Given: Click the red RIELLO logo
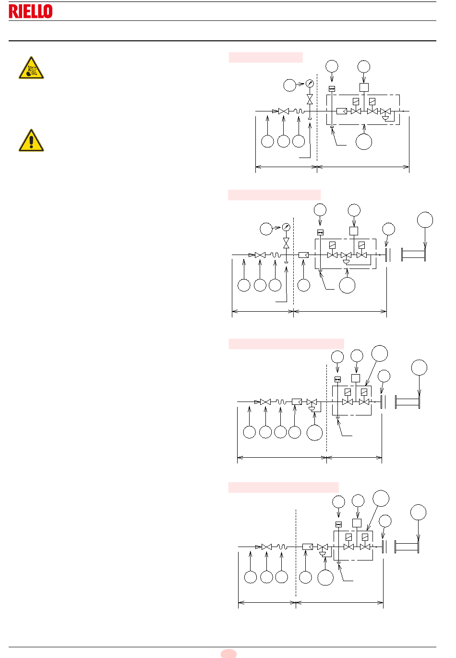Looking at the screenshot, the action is pyautogui.click(x=31, y=11).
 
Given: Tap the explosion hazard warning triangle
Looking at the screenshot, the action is pyautogui.click(x=31, y=68).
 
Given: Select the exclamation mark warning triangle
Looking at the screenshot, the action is pyautogui.click(x=31, y=140).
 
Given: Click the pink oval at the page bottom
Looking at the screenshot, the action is pyautogui.click(x=228, y=654).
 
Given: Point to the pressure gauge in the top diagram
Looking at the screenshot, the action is pyautogui.click(x=310, y=84).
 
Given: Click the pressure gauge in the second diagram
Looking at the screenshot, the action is pyautogui.click(x=286, y=227).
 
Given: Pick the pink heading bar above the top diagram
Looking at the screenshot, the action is pyautogui.click(x=265, y=57).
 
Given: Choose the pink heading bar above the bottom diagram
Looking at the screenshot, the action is pyautogui.click(x=283, y=487).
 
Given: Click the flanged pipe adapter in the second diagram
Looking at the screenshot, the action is pyautogui.click(x=413, y=255).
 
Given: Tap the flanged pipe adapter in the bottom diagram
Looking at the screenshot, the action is pyautogui.click(x=407, y=547).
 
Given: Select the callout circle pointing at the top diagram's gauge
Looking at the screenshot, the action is pyautogui.click(x=289, y=85).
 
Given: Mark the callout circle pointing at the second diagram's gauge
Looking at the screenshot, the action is pyautogui.click(x=266, y=229).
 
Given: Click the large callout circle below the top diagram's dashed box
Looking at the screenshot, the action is pyautogui.click(x=364, y=142).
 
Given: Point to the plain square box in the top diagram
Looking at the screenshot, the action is pyautogui.click(x=364, y=87).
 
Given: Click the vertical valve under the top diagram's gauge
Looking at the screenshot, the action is pyautogui.click(x=310, y=99).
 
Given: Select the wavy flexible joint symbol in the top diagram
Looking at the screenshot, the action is pyautogui.click(x=299, y=111).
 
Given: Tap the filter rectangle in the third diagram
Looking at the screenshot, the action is pyautogui.click(x=297, y=402).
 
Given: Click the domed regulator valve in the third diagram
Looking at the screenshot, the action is pyautogui.click(x=312, y=404).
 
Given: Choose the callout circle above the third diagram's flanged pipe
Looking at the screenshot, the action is pyautogui.click(x=419, y=367).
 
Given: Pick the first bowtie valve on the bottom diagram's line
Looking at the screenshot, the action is pyautogui.click(x=266, y=547).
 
